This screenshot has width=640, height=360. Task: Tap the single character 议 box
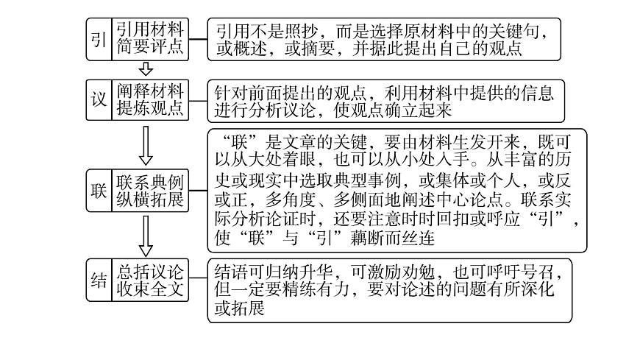(x=99, y=99)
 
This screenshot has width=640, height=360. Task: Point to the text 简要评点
(x=149, y=48)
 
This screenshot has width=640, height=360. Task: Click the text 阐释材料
(x=149, y=91)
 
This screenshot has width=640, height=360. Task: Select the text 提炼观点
(x=149, y=109)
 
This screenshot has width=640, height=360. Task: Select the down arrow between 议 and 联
(x=146, y=145)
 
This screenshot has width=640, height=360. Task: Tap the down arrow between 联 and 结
(x=146, y=236)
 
